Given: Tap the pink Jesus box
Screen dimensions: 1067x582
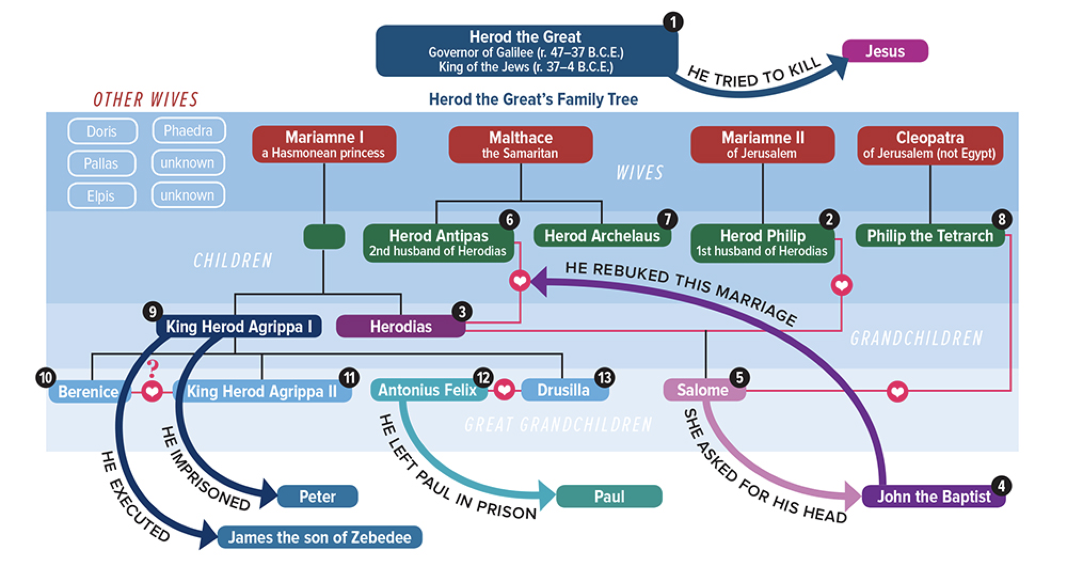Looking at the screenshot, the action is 885,51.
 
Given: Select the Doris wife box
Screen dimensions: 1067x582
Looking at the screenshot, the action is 102,131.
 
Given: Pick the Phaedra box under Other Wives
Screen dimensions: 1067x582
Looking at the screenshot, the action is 189,130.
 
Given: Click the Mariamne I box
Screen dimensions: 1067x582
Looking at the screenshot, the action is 324,144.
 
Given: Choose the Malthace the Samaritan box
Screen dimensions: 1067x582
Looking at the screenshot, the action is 521,145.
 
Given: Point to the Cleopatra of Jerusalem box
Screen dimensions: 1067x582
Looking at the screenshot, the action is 930,145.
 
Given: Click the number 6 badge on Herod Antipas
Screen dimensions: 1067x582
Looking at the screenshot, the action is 509,220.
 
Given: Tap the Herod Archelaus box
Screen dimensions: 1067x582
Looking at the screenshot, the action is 602,236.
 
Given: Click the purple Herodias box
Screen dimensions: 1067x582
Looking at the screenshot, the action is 401,326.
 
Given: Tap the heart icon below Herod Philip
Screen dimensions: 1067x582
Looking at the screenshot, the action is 842,285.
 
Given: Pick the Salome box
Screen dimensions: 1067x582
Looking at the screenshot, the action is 704,390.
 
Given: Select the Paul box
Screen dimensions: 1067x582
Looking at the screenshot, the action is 609,496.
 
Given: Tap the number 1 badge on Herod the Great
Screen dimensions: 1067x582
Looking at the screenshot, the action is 673,22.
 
